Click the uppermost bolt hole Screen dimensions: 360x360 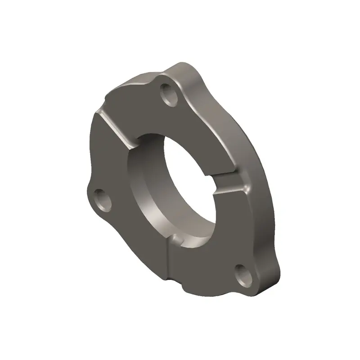coord(170,94)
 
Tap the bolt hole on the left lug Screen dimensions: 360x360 coord(103,200)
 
